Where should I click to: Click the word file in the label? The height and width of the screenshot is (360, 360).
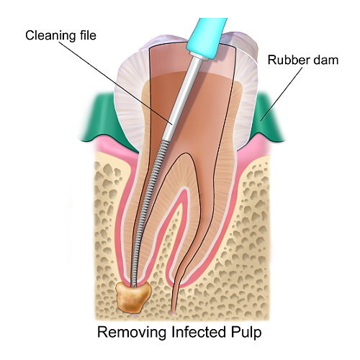86,35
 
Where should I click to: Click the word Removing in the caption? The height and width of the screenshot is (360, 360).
132,333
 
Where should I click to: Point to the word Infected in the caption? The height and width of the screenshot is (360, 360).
198,332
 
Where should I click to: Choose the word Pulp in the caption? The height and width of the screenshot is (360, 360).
246,333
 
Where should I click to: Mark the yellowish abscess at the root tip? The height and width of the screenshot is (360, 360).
132,297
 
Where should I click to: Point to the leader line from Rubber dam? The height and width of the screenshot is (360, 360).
282,93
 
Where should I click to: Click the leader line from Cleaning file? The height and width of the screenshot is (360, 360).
116,83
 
